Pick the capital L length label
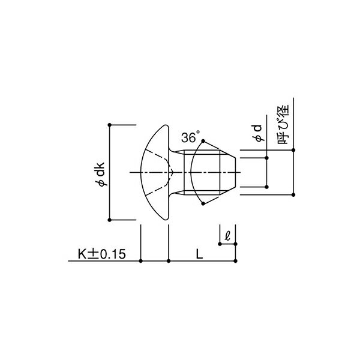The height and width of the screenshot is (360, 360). click(199, 254)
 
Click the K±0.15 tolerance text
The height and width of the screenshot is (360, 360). click(101, 254)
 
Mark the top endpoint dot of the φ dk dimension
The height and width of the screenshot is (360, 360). click(109, 125)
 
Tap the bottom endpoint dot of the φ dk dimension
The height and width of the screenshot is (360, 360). click(109, 220)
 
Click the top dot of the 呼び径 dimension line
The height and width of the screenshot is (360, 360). click(293, 150)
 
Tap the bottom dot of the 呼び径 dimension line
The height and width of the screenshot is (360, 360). click(293, 195)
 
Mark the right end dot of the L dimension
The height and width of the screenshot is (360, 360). click(236, 261)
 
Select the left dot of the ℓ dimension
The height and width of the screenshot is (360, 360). click(220, 244)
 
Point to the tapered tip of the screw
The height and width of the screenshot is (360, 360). click(232, 172)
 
